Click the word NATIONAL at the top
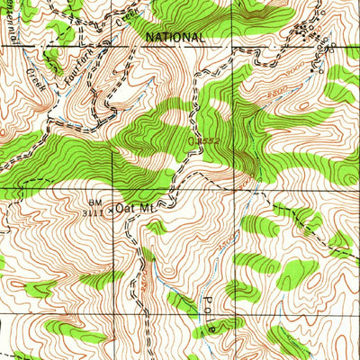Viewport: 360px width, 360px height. (x=175, y=38)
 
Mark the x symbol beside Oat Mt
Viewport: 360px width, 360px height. (x=112, y=209)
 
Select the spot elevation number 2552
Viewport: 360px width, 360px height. (x=206, y=141)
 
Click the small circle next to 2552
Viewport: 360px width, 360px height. (x=192, y=141)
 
